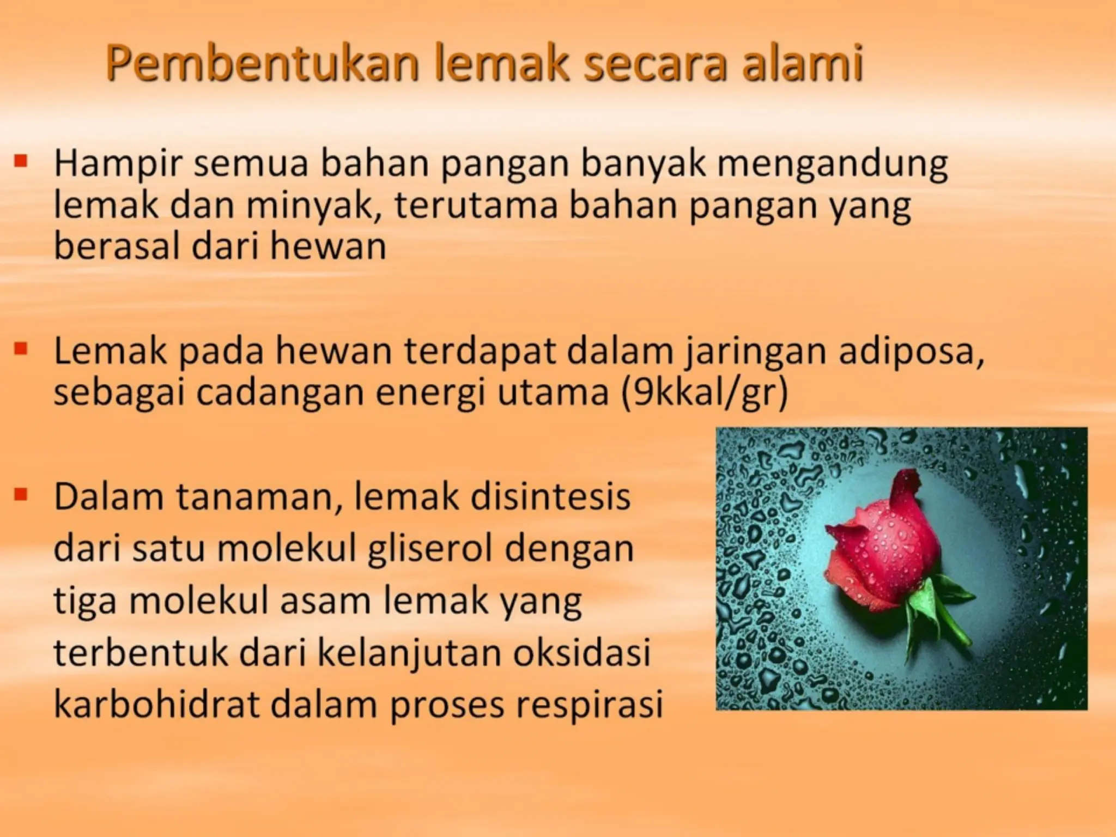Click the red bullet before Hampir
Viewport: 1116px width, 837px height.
pos(21,161)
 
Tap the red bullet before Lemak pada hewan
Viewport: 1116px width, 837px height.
pos(21,348)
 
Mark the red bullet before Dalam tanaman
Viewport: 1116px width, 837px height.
pos(21,494)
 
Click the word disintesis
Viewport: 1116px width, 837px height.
pos(550,498)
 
